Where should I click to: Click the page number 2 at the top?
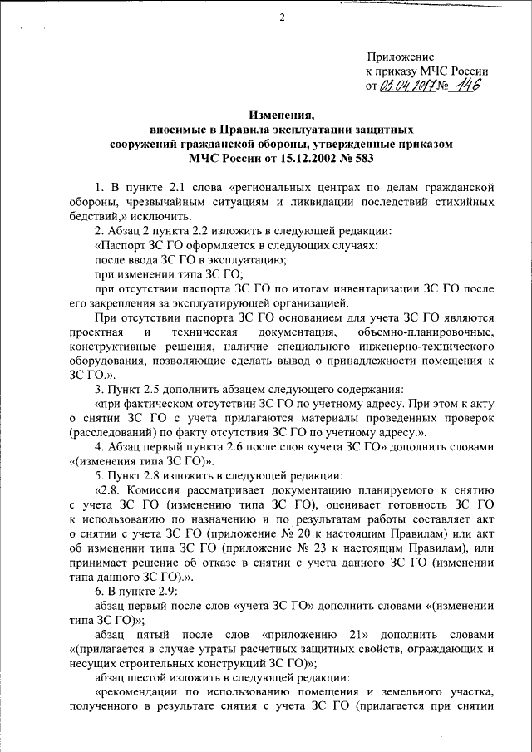(283, 19)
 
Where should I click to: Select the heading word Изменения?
(283, 116)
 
